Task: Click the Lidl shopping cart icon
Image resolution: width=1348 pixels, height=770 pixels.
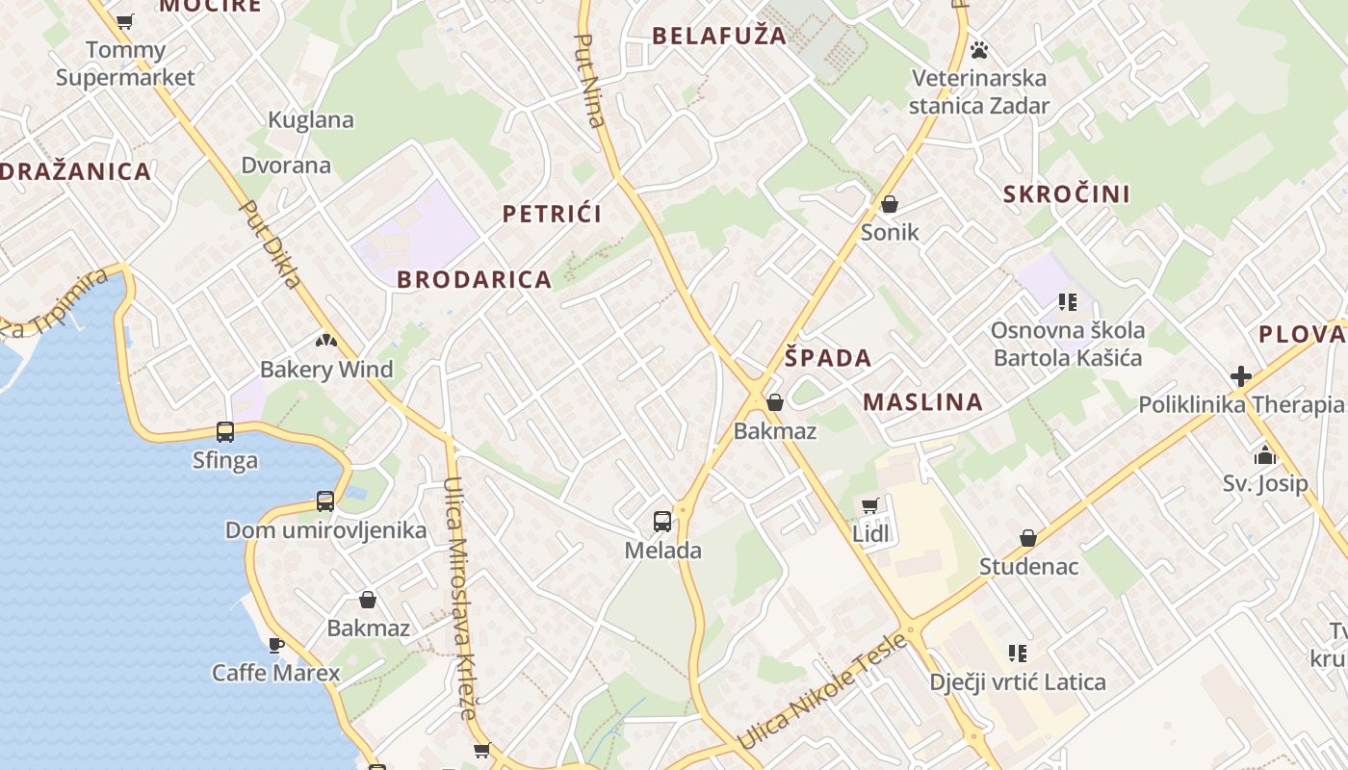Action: pos(869,505)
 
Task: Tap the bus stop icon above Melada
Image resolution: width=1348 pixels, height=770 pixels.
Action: pos(662,522)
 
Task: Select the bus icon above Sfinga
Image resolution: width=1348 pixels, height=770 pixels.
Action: pos(225,432)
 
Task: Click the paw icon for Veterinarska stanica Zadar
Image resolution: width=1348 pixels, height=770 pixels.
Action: pos(979,49)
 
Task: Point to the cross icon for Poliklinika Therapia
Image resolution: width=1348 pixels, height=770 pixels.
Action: pos(1241,376)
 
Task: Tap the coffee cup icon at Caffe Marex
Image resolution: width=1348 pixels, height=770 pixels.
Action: pos(276,645)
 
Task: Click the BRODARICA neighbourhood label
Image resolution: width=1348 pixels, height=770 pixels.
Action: pos(474,280)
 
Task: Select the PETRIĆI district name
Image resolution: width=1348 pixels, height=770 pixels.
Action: pos(552,214)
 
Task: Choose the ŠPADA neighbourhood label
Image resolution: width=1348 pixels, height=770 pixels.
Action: pos(827,358)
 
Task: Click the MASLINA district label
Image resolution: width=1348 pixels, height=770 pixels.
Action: pos(922,402)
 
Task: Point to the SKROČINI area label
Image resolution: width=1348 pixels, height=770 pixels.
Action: pos(1066,194)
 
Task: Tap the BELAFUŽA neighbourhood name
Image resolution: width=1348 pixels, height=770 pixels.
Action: pos(718,37)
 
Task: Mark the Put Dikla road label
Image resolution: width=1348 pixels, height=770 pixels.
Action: pos(271,244)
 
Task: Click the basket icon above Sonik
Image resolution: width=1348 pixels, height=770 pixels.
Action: pos(889,204)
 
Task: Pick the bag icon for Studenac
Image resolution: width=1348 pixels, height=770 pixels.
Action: pos(1027,538)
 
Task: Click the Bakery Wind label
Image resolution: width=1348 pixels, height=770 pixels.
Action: pos(326,370)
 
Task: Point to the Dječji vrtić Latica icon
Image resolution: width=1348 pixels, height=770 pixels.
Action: pos(1017,654)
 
